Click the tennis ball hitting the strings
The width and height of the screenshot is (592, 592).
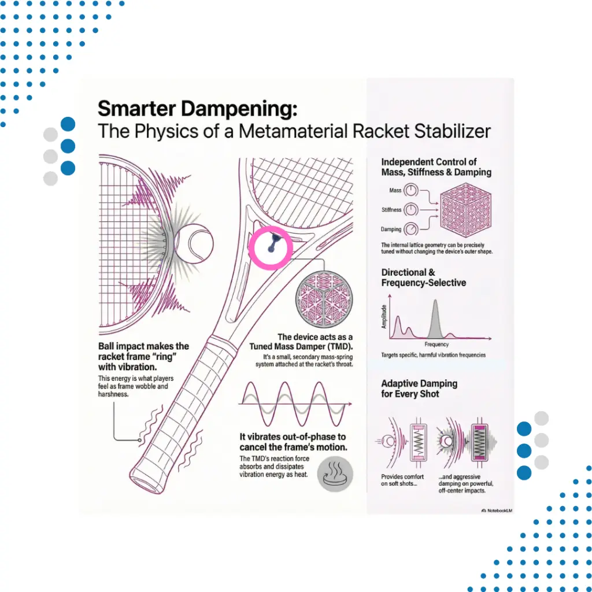point(194,244)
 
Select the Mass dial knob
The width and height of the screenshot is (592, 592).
point(411,190)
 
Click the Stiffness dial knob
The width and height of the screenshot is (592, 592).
point(411,209)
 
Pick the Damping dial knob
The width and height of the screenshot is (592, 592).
point(411,229)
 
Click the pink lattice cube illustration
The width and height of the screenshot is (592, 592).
point(466,210)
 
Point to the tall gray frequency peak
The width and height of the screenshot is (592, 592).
point(435,319)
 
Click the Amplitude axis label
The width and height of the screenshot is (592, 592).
point(384,316)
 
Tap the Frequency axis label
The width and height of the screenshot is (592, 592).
point(436,345)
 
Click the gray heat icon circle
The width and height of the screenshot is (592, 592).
point(335,474)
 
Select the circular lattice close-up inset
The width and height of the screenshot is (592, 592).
point(324,299)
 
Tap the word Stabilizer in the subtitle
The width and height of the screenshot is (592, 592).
point(452,131)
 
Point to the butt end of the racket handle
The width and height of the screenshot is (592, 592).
point(146,482)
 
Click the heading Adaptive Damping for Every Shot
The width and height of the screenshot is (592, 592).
point(419,388)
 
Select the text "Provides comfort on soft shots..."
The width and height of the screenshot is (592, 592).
point(402,480)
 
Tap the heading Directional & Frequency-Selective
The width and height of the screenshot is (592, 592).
point(424,277)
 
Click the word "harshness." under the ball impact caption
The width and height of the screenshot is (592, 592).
point(113,394)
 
